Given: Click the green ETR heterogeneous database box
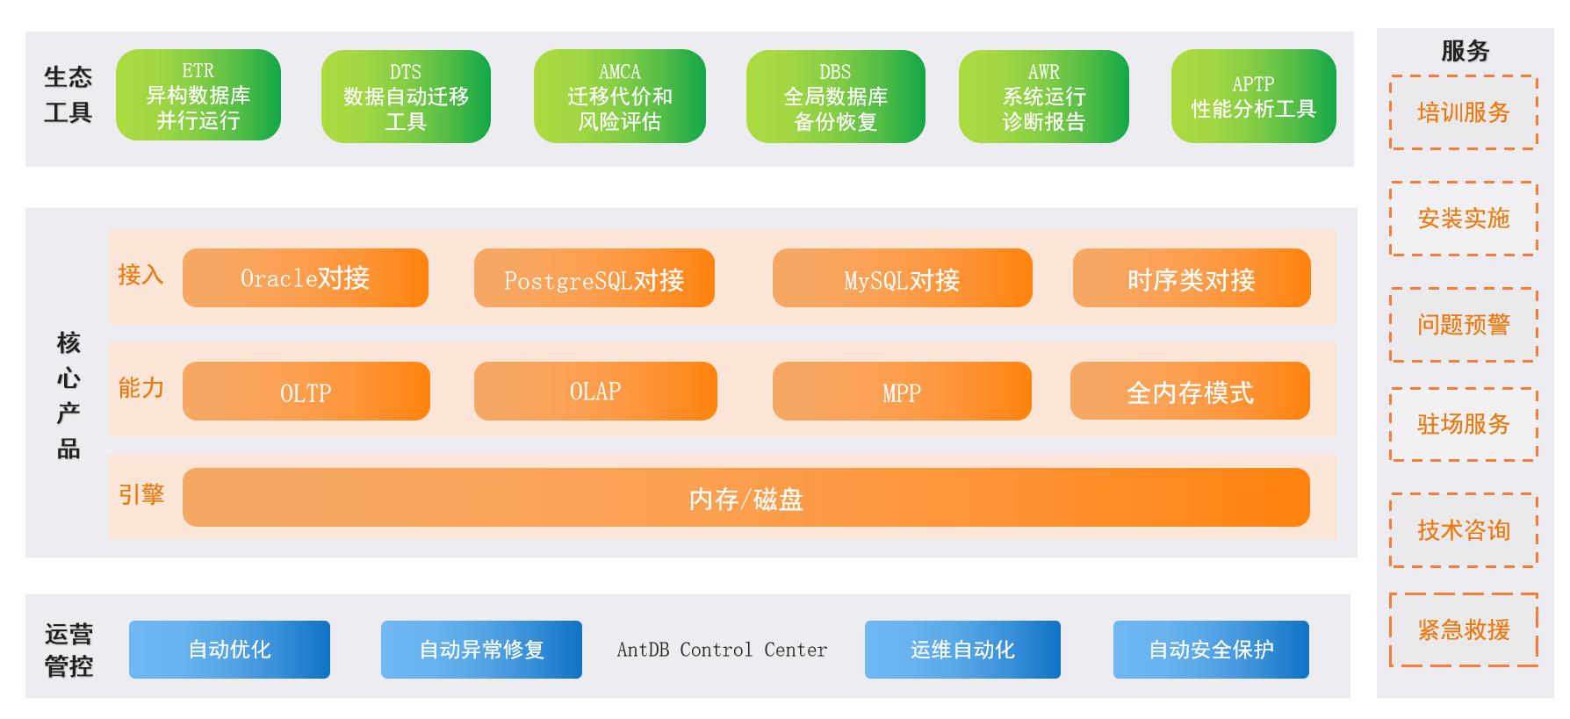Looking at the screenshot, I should click(x=198, y=96).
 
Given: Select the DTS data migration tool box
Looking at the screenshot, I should click(x=406, y=97).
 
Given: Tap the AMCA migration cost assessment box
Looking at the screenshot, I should click(x=619, y=97).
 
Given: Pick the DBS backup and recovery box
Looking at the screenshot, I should click(x=835, y=97).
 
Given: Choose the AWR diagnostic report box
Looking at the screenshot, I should click(x=1043, y=97).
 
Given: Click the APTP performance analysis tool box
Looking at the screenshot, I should click(x=1253, y=97).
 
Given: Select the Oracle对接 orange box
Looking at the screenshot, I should click(x=305, y=278).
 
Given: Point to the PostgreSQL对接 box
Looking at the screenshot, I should click(x=594, y=279).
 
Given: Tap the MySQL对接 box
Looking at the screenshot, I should click(x=902, y=279).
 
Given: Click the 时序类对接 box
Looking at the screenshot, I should click(x=1191, y=279).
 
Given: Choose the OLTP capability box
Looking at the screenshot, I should click(x=306, y=392).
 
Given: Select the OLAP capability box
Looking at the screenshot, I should click(x=595, y=392).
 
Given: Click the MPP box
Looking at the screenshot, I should click(x=902, y=392).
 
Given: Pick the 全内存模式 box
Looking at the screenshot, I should click(x=1190, y=392).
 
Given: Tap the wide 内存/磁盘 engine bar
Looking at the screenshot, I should click(x=745, y=498).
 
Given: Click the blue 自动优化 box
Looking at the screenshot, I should click(x=229, y=650).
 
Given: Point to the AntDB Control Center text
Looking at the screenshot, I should click(x=722, y=650).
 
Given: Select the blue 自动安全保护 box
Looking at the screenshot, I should click(x=1211, y=650).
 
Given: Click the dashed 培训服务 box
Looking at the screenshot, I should click(x=1463, y=112).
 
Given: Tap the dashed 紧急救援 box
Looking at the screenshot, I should click(x=1463, y=629).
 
